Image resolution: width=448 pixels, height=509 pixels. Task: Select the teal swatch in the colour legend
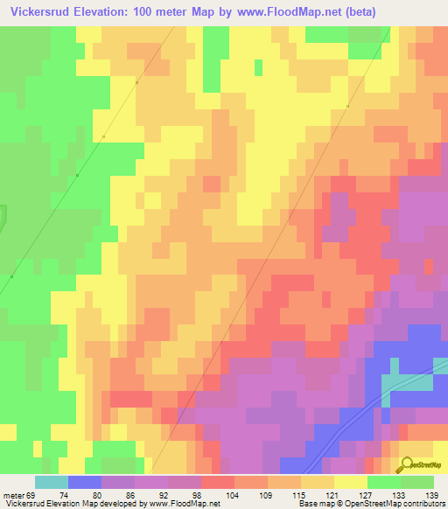pos(52,482)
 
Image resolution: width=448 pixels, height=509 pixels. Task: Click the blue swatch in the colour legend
pos(85,482)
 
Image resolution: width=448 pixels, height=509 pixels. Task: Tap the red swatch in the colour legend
pos(218,482)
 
